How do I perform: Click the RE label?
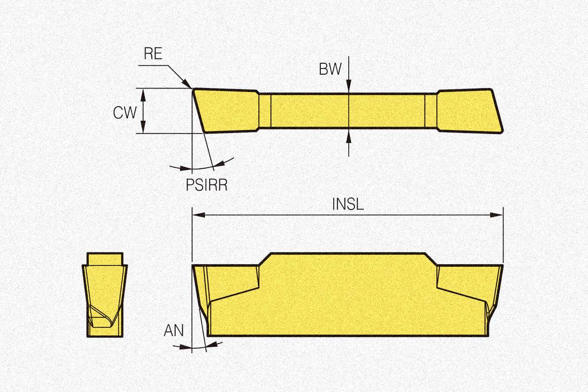[x=153, y=54]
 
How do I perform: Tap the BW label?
[x=330, y=69]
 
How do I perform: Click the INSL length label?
[x=348, y=204]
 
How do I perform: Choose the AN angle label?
[x=173, y=330]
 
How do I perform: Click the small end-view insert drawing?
[x=105, y=294]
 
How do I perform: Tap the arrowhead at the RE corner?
[x=188, y=84]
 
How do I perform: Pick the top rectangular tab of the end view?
[x=105, y=258]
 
